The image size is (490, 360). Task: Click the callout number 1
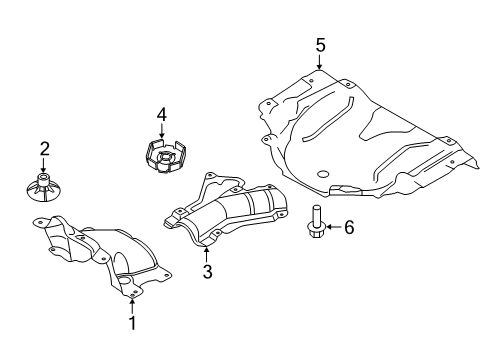pyautogui.click(x=131, y=322)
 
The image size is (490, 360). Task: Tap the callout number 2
pyautogui.click(x=43, y=149)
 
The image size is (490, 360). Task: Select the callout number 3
pyautogui.click(x=208, y=271)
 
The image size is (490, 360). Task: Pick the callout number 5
pyautogui.click(x=320, y=44)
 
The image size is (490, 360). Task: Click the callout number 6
pyautogui.click(x=348, y=228)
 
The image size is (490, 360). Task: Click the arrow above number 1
pyautogui.click(x=131, y=302)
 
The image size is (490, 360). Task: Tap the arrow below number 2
pyautogui.click(x=43, y=166)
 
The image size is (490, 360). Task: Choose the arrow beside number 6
pyautogui.click(x=332, y=228)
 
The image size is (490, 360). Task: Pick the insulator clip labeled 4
pyautogui.click(x=161, y=158)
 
